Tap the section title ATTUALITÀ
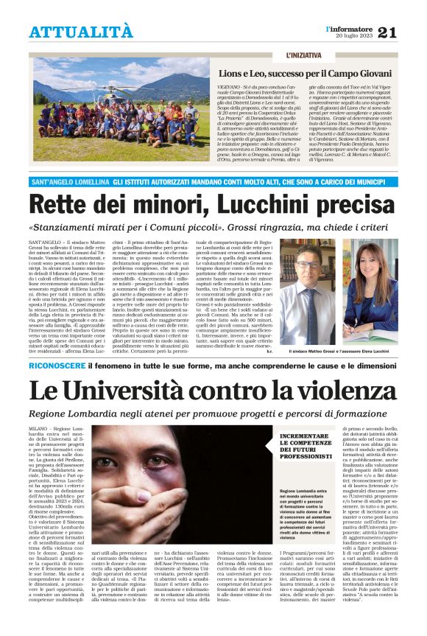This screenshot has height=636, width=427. [x=81, y=32]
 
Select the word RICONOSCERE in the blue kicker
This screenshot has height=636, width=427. [x=56, y=365]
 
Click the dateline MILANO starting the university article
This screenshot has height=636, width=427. [x=38, y=428]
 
